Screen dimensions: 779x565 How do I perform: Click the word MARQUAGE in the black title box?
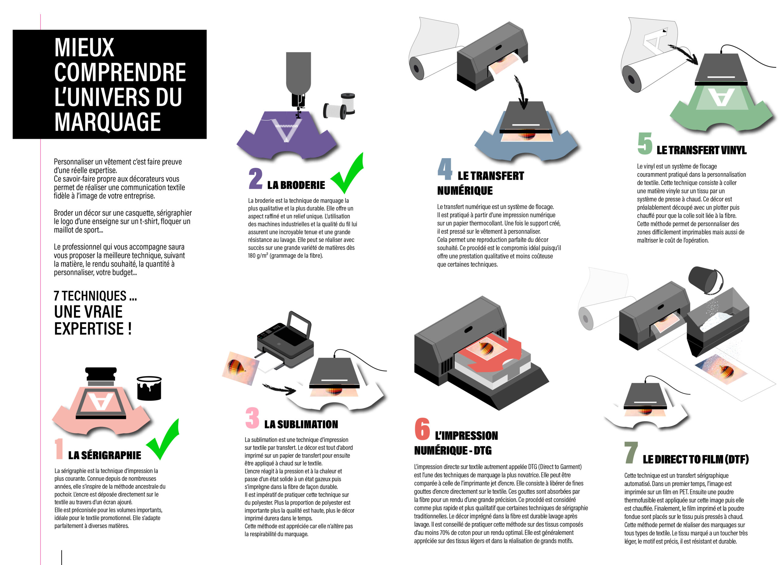point(107,122)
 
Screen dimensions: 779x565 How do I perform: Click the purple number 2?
point(256,178)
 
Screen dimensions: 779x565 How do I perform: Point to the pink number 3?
point(253,418)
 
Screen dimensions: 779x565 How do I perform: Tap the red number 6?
point(422,429)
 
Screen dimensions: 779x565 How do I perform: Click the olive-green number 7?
point(631,453)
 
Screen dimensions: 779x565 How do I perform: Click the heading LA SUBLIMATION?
point(301,424)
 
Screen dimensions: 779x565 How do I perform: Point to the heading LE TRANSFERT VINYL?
point(701,150)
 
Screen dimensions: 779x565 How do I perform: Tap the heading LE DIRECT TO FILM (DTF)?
point(696,459)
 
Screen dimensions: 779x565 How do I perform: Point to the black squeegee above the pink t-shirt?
point(101,376)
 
